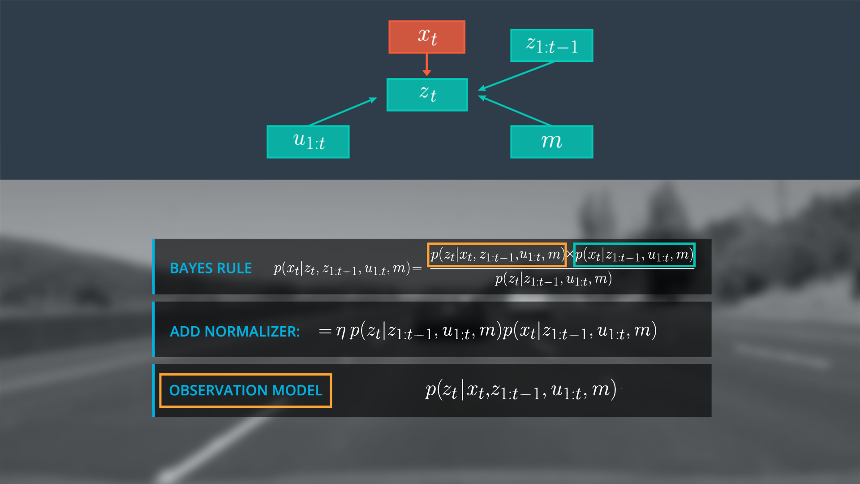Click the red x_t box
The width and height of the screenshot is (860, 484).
(427, 37)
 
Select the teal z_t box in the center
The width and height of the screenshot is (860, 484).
(427, 95)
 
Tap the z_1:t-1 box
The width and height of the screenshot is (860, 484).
(551, 45)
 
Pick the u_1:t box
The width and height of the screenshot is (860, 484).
(308, 142)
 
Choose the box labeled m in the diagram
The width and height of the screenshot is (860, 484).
(551, 142)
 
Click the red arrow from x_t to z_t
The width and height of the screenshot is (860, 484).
(427, 64)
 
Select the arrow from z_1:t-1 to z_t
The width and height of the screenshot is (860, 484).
(517, 75)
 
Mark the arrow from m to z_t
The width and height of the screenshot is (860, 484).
(515, 110)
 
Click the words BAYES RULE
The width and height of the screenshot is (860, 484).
(211, 268)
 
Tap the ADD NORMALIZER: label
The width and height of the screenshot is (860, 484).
(235, 331)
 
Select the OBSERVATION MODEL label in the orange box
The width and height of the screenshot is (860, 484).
(245, 390)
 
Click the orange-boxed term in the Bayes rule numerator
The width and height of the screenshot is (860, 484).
(497, 255)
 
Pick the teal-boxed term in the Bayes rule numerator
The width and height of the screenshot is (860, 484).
(634, 255)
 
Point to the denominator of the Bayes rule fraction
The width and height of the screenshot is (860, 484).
(553, 280)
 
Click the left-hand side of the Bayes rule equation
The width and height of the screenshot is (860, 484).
(342, 269)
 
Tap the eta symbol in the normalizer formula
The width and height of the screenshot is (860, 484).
(341, 332)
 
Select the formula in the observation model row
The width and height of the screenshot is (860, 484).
(520, 390)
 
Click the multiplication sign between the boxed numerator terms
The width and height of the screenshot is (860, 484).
(570, 255)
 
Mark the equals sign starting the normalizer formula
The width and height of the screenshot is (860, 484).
(325, 332)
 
